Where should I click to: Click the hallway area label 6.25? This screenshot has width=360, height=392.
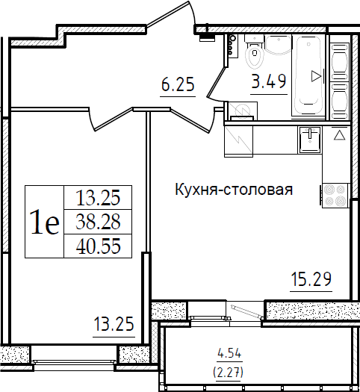[x=178, y=84]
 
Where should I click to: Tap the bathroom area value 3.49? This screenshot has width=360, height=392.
[x=269, y=81]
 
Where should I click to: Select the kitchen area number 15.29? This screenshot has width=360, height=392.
[x=311, y=279]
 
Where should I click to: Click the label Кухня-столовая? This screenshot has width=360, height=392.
[x=234, y=189]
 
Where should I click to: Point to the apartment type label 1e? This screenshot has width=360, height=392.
[x=45, y=222]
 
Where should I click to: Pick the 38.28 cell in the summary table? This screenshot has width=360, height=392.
[x=98, y=222]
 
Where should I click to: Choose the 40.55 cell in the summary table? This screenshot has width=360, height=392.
[x=98, y=246]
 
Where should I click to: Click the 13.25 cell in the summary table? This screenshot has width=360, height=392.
[x=98, y=198]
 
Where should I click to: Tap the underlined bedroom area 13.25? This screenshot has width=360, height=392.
[x=114, y=324]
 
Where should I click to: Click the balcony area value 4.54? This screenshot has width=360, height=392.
[x=229, y=353]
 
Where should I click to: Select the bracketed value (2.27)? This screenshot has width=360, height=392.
[x=228, y=373]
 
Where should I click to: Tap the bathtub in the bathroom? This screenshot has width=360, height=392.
[x=308, y=75]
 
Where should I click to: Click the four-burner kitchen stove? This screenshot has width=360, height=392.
[x=335, y=196]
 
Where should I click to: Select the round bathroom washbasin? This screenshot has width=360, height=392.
[x=278, y=45]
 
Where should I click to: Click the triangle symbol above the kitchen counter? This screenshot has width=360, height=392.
[x=340, y=135]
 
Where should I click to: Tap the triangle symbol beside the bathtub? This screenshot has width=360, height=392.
[x=316, y=76]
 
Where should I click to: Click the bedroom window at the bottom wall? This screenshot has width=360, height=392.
[x=75, y=361]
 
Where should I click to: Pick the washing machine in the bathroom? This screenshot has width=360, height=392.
[x=242, y=111]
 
